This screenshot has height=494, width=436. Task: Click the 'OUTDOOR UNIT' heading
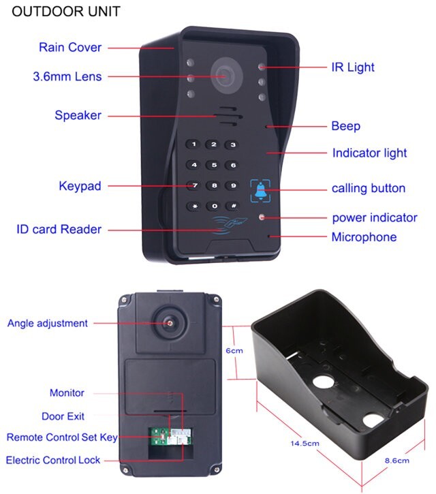tap(66, 12)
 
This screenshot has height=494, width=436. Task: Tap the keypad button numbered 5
tap(214, 165)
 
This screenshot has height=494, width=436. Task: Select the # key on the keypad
tap(233, 205)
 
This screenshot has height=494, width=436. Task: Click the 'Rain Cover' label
tap(70, 48)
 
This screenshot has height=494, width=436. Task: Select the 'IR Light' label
tap(353, 67)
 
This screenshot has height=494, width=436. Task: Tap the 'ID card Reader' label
tap(59, 230)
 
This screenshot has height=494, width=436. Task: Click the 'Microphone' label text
tap(364, 237)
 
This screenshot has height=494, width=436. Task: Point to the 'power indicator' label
tap(375, 218)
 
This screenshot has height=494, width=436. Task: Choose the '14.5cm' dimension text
tap(305, 444)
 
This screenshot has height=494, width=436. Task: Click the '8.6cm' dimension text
tap(397, 461)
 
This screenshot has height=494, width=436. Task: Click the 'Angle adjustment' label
tap(48, 323)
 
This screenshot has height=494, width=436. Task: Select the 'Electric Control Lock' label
tap(53, 460)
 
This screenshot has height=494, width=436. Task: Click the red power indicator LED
tap(262, 217)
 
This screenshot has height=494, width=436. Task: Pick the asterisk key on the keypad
tap(194, 205)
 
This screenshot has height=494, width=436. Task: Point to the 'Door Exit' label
tap(63, 416)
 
